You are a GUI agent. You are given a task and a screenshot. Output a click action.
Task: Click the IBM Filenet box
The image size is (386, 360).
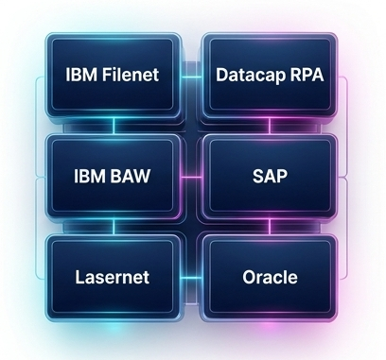click(x=114, y=75)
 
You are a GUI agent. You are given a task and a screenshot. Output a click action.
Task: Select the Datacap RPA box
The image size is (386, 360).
click(x=270, y=75)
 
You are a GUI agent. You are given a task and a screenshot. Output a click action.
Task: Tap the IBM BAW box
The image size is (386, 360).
click(x=114, y=176)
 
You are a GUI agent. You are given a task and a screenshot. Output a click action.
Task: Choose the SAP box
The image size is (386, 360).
click(x=270, y=176)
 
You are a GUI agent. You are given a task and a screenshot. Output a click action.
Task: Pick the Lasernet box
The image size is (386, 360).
click(x=114, y=277)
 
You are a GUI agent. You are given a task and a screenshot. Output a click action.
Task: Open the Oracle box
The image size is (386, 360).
click(x=270, y=277)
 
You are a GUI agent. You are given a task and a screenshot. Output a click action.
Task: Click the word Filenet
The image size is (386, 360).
click(x=131, y=75)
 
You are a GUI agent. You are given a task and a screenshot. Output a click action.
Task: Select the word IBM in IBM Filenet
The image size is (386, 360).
click(x=82, y=75)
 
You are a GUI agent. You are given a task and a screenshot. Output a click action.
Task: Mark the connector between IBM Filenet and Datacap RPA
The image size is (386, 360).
click(x=192, y=77)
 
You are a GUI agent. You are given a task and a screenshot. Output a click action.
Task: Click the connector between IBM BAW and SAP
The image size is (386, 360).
click(x=192, y=177)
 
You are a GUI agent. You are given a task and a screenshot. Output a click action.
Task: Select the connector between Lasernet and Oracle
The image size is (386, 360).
click(x=192, y=278)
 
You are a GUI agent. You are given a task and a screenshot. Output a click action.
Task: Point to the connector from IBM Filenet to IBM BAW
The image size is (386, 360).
click(x=114, y=126)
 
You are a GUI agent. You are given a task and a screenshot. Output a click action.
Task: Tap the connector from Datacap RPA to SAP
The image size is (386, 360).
click(x=270, y=126)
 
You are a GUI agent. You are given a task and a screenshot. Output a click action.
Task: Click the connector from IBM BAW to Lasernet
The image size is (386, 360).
click(x=114, y=227)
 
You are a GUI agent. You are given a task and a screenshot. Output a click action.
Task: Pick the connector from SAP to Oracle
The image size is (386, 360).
click(x=270, y=227)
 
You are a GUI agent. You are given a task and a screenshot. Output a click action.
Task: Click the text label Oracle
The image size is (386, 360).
click(x=270, y=277)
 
